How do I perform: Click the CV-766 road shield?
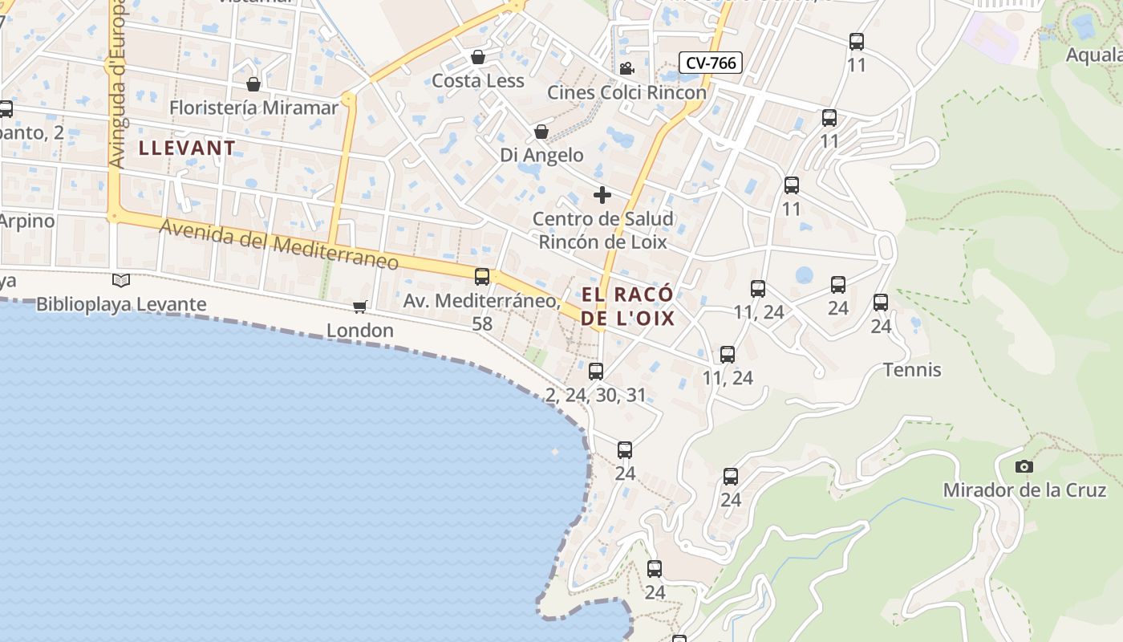pos(711,63)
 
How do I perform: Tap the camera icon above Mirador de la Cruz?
pos(1024,466)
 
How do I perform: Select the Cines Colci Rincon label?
pos(626,92)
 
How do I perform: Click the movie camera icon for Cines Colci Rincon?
pos(626,68)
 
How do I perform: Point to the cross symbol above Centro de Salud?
pos(602,195)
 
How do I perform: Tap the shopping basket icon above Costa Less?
pos(478,57)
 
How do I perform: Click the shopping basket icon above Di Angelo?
pos(541,132)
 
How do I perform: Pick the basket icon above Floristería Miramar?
pos(253,84)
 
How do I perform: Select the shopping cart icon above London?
pos(360,307)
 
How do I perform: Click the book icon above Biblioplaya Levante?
pos(121,281)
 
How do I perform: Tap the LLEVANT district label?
pos(188,148)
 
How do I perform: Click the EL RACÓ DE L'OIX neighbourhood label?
pos(627,307)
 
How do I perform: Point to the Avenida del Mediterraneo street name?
pos(278,245)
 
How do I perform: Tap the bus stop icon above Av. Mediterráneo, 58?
pos(482,277)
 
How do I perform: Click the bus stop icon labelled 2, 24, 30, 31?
pos(595,372)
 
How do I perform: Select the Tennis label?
pos(912,370)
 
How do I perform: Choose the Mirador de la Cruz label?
pos(1024,490)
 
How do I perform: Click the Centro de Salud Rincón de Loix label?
pos(602,230)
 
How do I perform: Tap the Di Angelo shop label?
pos(541,155)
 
